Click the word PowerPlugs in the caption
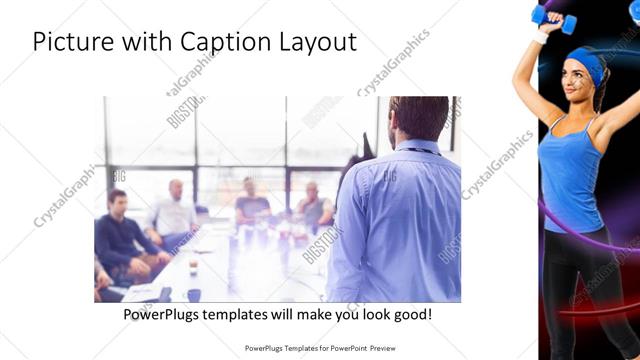[164, 315]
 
